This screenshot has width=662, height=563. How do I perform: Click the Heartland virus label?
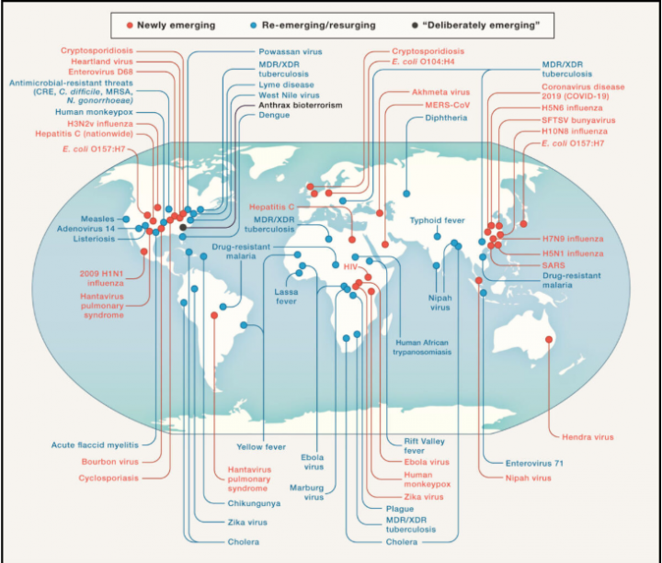(102, 62)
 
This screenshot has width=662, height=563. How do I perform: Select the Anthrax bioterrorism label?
(300, 105)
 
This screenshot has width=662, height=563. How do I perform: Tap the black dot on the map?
(183, 227)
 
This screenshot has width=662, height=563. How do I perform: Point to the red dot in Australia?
(548, 340)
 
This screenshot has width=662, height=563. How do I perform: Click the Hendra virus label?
(588, 437)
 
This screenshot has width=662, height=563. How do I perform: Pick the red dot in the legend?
(130, 26)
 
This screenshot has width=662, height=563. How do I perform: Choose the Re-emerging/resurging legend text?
(318, 26)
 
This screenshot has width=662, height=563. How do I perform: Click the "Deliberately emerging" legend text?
(481, 26)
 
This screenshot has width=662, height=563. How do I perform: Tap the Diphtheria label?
(446, 118)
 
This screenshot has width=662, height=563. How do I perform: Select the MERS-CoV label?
(447, 105)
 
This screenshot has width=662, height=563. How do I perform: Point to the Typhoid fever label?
(437, 220)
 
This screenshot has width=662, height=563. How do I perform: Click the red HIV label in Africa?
(350, 267)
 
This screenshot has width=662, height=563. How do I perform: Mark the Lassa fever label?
(286, 297)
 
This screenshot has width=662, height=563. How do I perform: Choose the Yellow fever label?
(261, 446)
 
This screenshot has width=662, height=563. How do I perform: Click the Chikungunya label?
(254, 503)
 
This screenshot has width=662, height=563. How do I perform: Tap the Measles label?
(97, 219)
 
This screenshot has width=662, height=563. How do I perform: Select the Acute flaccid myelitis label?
(95, 445)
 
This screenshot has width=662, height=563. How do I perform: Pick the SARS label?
(554, 265)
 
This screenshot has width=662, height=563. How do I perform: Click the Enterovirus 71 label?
(534, 463)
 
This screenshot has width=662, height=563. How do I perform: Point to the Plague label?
(399, 509)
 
